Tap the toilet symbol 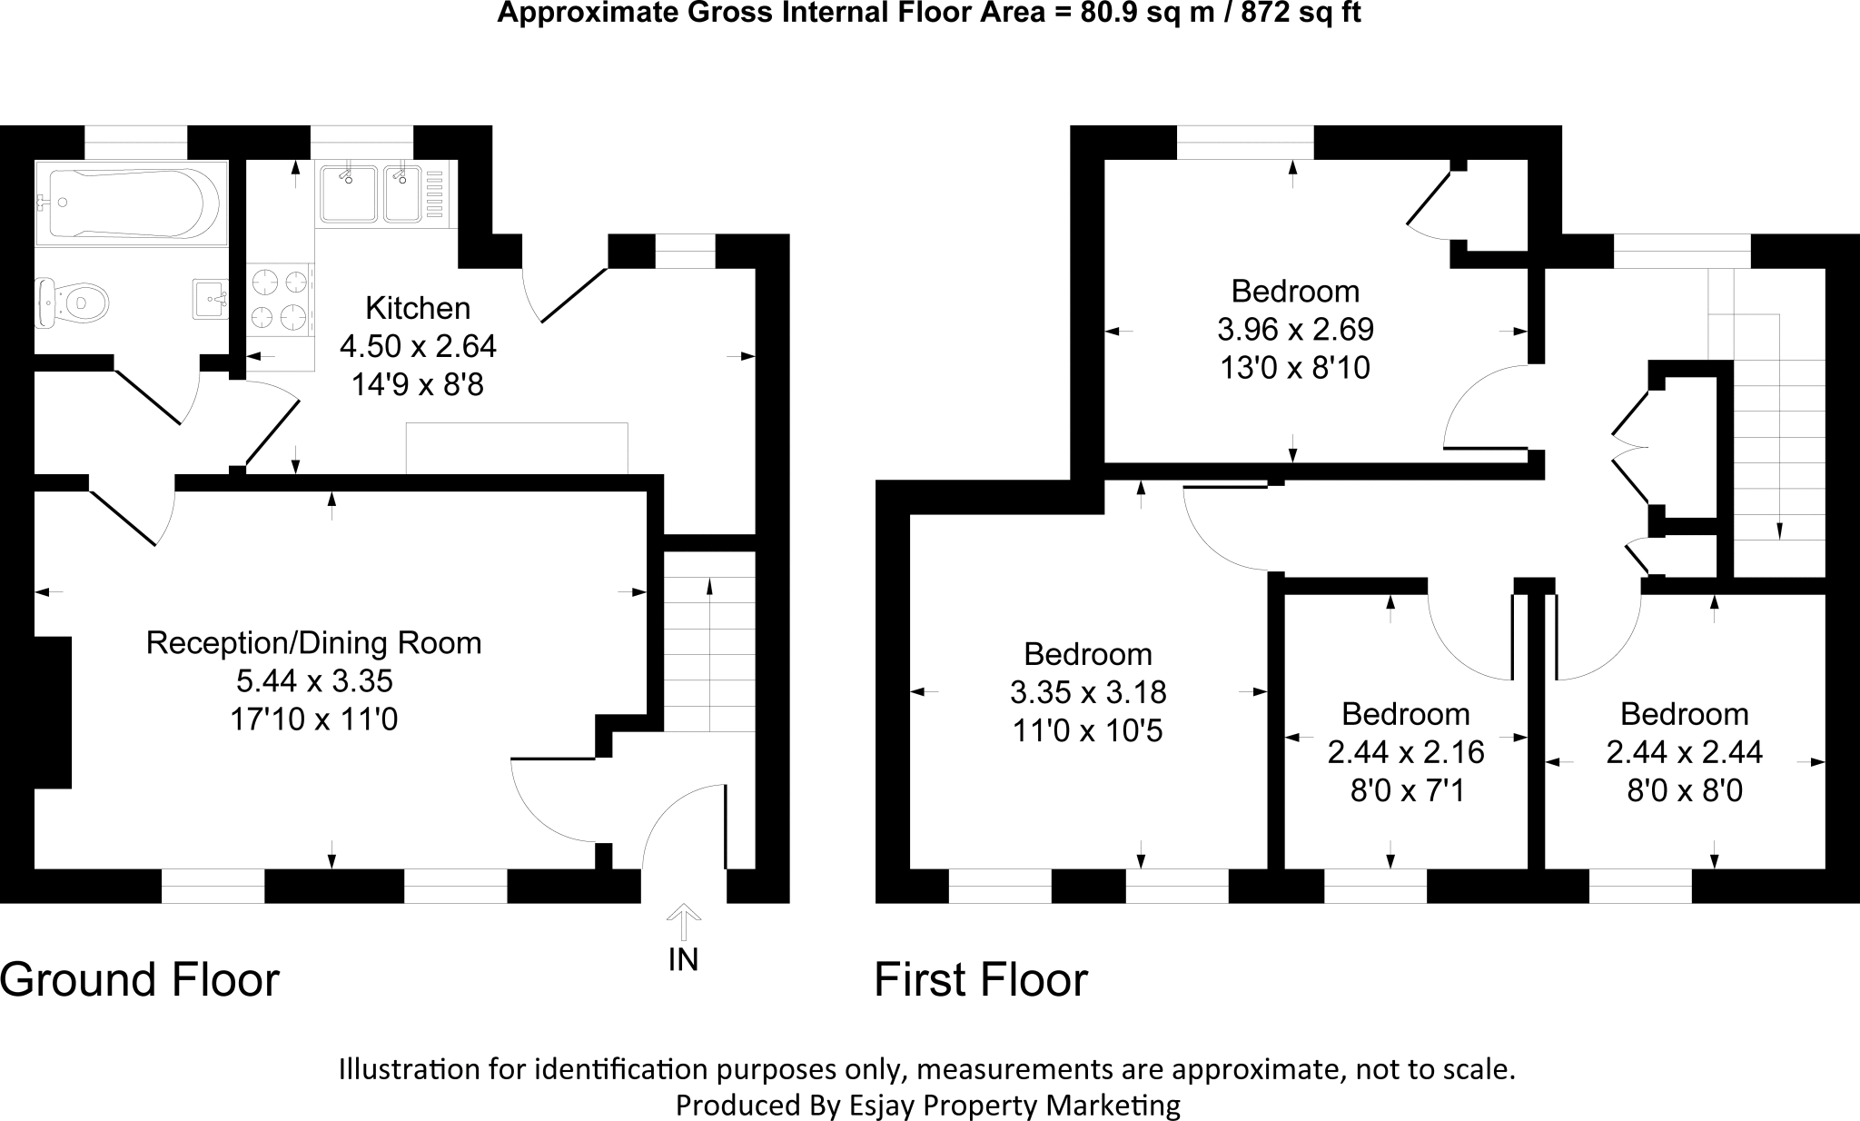pos(73,301)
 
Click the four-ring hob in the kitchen pos(280,299)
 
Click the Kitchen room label pos(418,309)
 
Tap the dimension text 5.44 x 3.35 pos(314,681)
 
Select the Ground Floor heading pos(140,980)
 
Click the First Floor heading pos(980,980)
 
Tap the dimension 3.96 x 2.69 pos(1295,329)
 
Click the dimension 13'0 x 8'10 pos(1295,368)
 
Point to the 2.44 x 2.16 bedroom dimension pos(1405,752)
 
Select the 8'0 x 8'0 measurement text pos(1684,790)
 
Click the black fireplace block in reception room pos(53,712)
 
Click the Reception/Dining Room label pos(314,643)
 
